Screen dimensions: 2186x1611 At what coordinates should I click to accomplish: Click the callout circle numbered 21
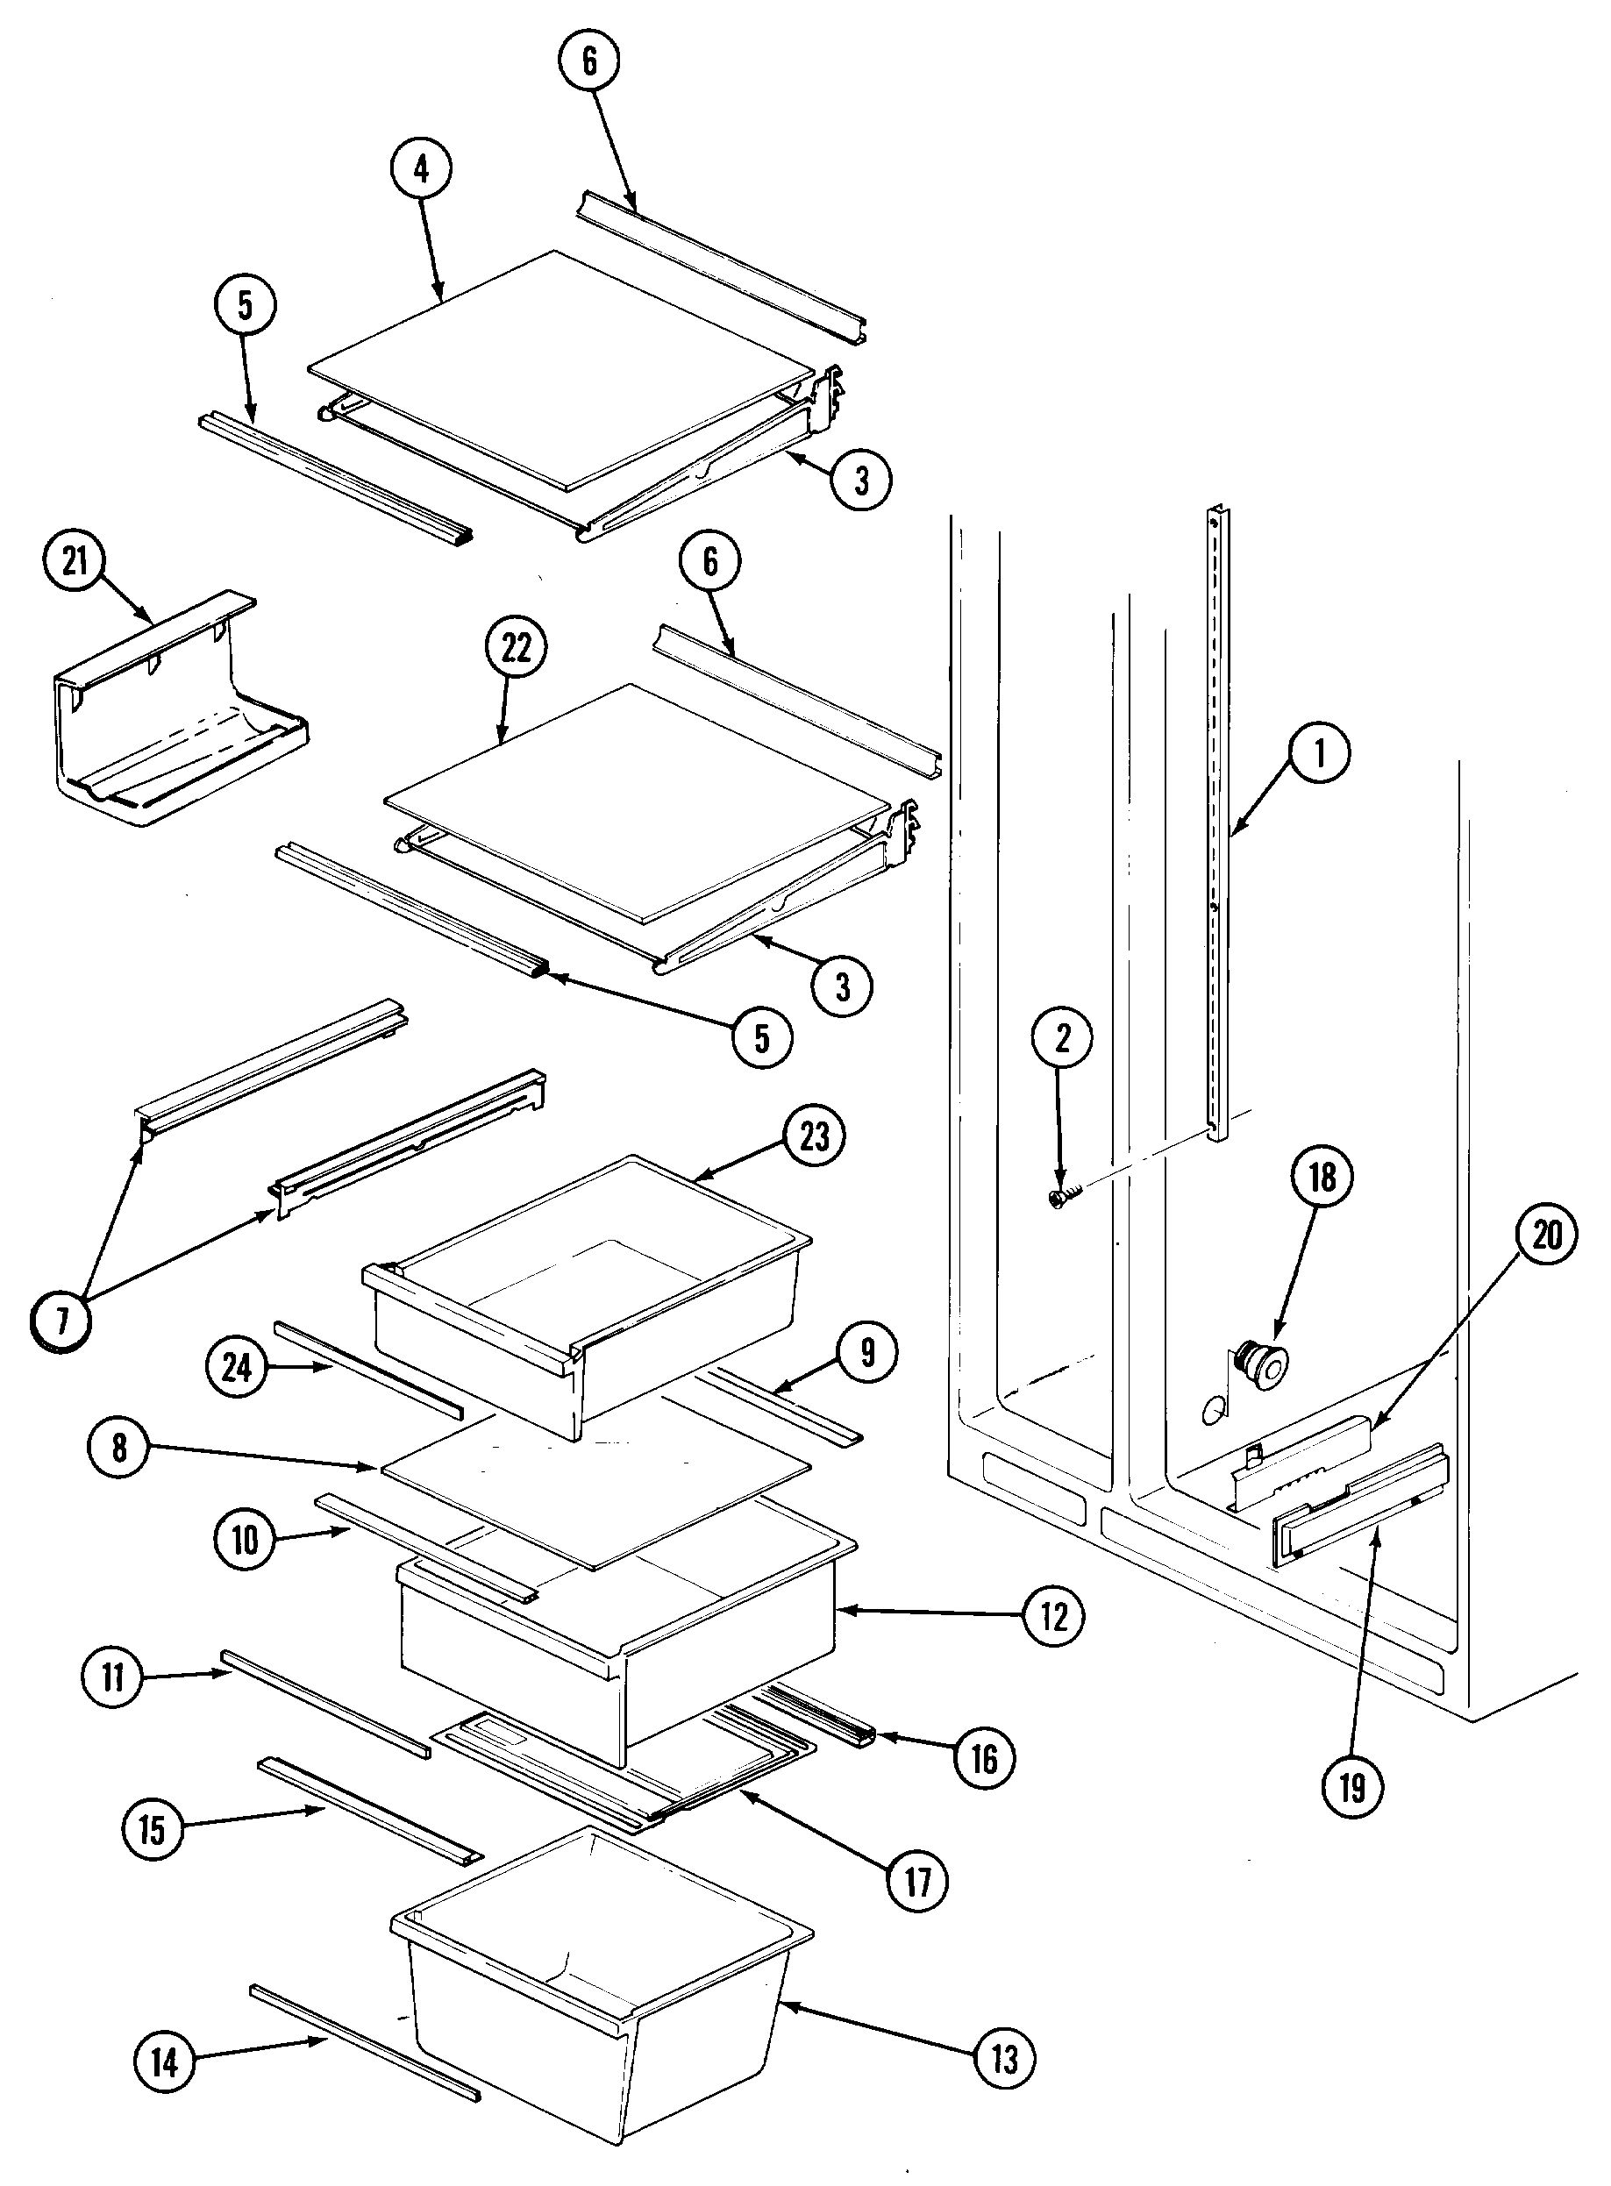(75, 563)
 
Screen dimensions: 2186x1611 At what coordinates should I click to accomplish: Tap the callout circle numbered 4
(421, 169)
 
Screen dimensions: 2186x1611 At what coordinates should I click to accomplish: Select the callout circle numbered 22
(516, 647)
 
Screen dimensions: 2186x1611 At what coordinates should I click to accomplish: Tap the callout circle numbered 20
(1547, 1236)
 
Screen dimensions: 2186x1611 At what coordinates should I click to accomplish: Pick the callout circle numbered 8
(118, 1448)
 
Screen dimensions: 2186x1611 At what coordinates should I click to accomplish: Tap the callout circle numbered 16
(984, 1758)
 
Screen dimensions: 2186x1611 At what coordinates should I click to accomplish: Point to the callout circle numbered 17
(917, 1881)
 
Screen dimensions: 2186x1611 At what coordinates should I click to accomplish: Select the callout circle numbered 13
(1004, 2058)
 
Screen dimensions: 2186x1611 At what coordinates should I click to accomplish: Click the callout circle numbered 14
(165, 2062)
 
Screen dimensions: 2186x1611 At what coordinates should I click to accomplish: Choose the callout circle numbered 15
(152, 1830)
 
